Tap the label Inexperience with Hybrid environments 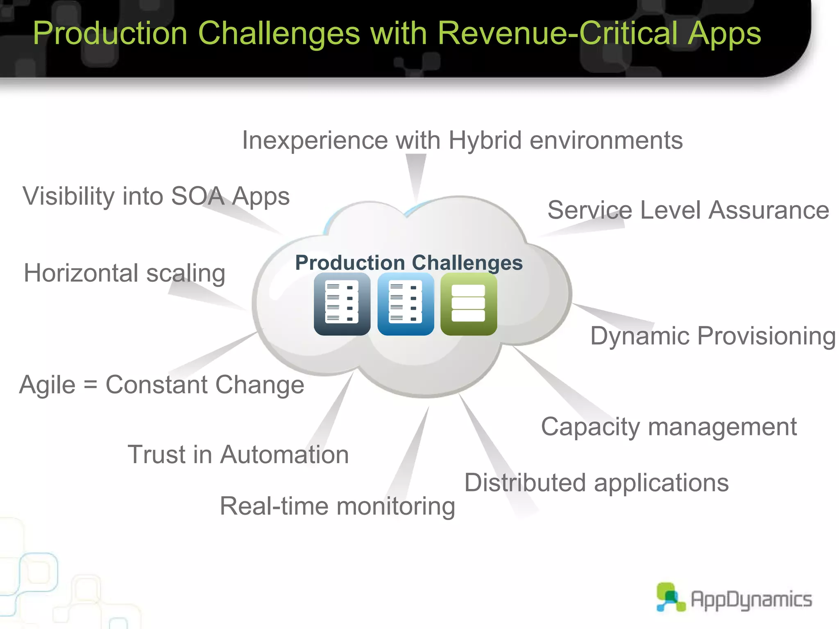[462, 140]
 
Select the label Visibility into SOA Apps [156, 196]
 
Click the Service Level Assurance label [688, 210]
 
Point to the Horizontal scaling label [125, 273]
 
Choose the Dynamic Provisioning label [713, 336]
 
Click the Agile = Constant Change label [162, 385]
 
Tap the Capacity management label [669, 427]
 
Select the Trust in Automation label [238, 455]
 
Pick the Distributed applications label [596, 482]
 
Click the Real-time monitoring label [337, 506]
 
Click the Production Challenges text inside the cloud [409, 262]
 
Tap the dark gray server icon [342, 304]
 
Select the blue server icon [406, 304]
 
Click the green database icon [469, 304]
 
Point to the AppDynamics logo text [751, 600]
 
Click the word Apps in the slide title [724, 34]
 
